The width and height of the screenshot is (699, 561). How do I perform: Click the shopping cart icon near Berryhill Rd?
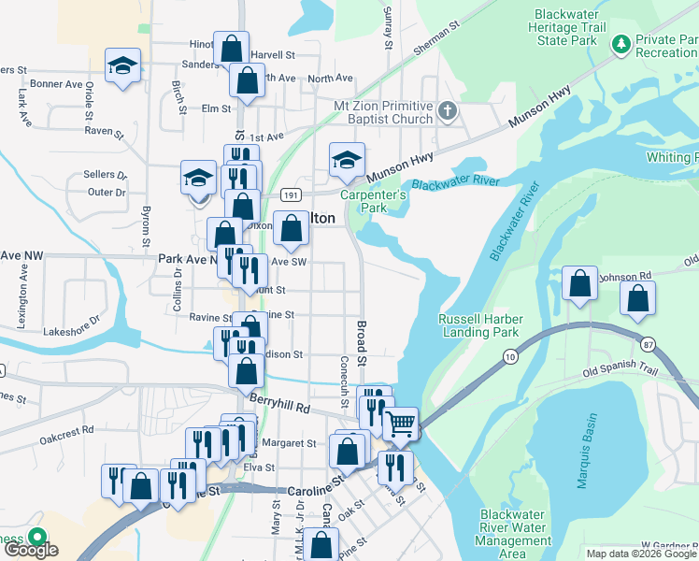click(x=401, y=424)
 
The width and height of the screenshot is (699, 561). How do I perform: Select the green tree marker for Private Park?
click(x=621, y=43)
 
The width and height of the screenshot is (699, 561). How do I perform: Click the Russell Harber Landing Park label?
click(x=480, y=325)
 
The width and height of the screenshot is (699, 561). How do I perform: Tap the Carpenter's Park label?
click(x=373, y=201)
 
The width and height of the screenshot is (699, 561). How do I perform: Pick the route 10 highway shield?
click(x=509, y=356)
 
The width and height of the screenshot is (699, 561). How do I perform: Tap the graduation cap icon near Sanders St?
click(x=122, y=66)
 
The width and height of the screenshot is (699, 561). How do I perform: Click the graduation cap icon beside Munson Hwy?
click(x=347, y=160)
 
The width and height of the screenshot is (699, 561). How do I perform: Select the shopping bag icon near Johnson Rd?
click(x=580, y=283)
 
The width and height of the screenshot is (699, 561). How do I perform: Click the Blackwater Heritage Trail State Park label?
click(x=564, y=28)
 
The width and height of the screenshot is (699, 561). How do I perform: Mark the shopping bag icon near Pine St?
click(x=321, y=543)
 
